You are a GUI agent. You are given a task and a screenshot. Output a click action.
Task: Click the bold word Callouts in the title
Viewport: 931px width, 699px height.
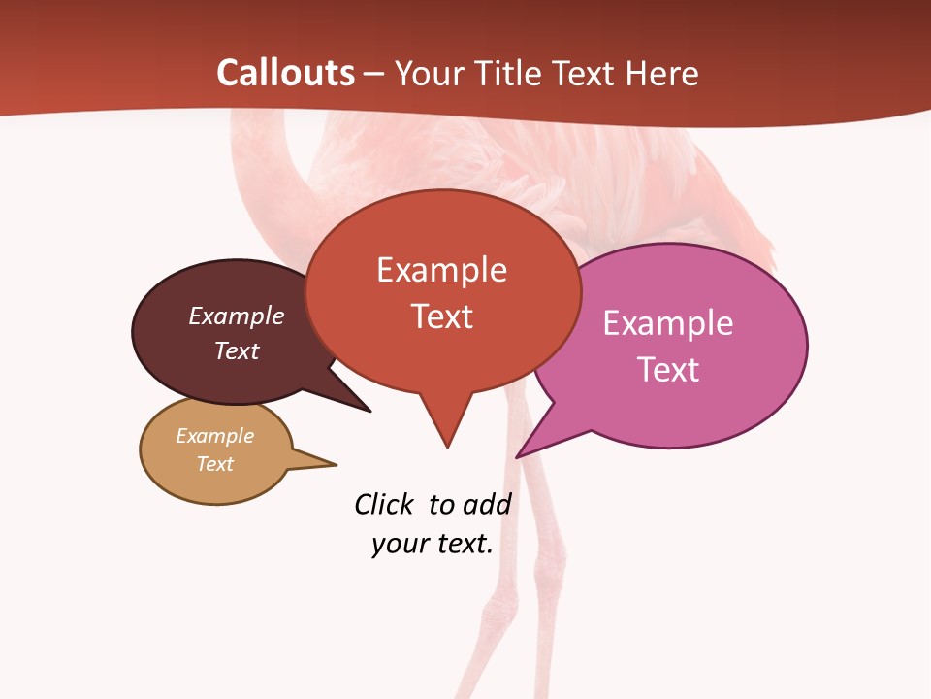[x=285, y=73]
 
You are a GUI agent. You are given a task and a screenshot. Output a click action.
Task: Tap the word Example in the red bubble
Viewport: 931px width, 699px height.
[x=441, y=270]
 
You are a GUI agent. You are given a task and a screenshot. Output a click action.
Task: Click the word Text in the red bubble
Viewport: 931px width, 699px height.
[x=442, y=316]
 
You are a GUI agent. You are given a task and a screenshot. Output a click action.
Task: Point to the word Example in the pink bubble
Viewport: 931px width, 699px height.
[x=668, y=323]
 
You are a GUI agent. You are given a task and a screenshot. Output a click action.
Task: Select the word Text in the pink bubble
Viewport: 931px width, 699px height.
[x=669, y=370]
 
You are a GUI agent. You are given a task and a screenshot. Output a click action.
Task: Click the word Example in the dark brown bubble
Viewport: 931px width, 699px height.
[x=237, y=316]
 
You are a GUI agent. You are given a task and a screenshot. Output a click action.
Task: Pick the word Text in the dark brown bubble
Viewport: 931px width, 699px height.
[x=237, y=350]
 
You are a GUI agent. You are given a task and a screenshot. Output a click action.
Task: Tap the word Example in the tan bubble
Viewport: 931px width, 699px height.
[x=214, y=436]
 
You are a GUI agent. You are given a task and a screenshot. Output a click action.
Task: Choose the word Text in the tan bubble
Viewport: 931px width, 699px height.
[x=215, y=464]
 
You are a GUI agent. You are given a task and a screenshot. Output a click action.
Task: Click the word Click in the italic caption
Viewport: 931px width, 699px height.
[x=383, y=505]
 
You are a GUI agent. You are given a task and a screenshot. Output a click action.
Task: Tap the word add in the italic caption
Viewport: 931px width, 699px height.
[x=486, y=505]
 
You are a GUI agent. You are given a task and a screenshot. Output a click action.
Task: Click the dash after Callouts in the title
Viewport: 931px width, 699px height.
[x=373, y=73]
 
